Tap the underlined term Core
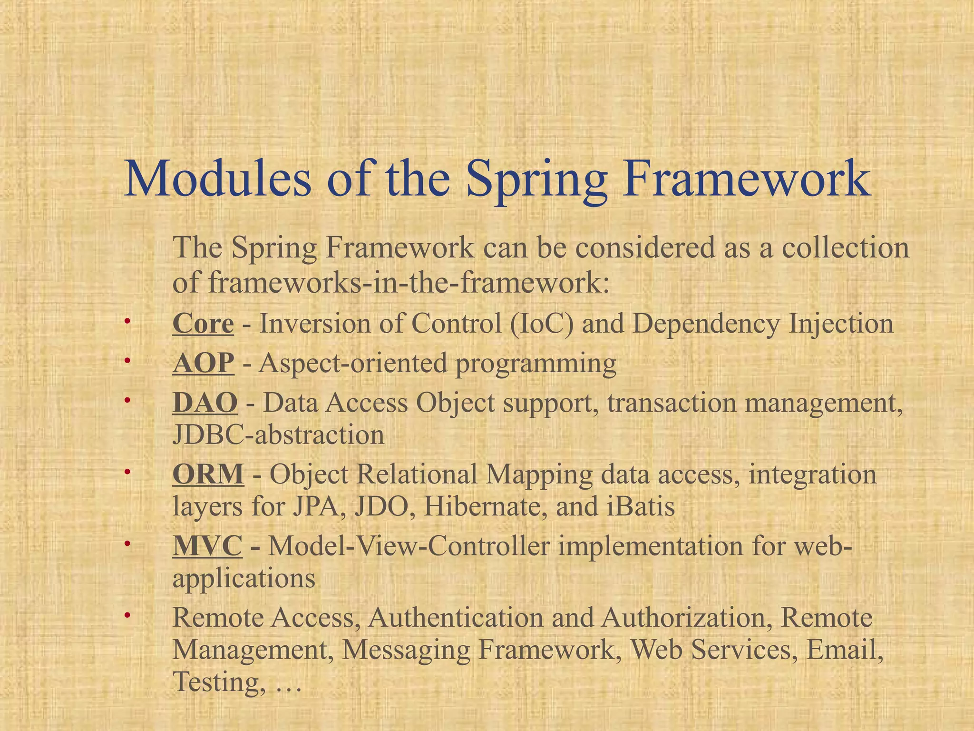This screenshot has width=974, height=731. pos(203,324)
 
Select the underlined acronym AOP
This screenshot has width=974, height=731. pos(204,364)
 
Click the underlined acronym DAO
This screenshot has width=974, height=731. pos(205,403)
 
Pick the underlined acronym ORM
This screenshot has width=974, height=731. pos(208,474)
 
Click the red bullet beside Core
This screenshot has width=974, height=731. pos(127,322)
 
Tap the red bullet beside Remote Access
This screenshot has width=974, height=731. pos(127,616)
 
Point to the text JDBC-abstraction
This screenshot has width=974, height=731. pos(278,435)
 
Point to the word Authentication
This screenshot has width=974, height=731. pos(455,618)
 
